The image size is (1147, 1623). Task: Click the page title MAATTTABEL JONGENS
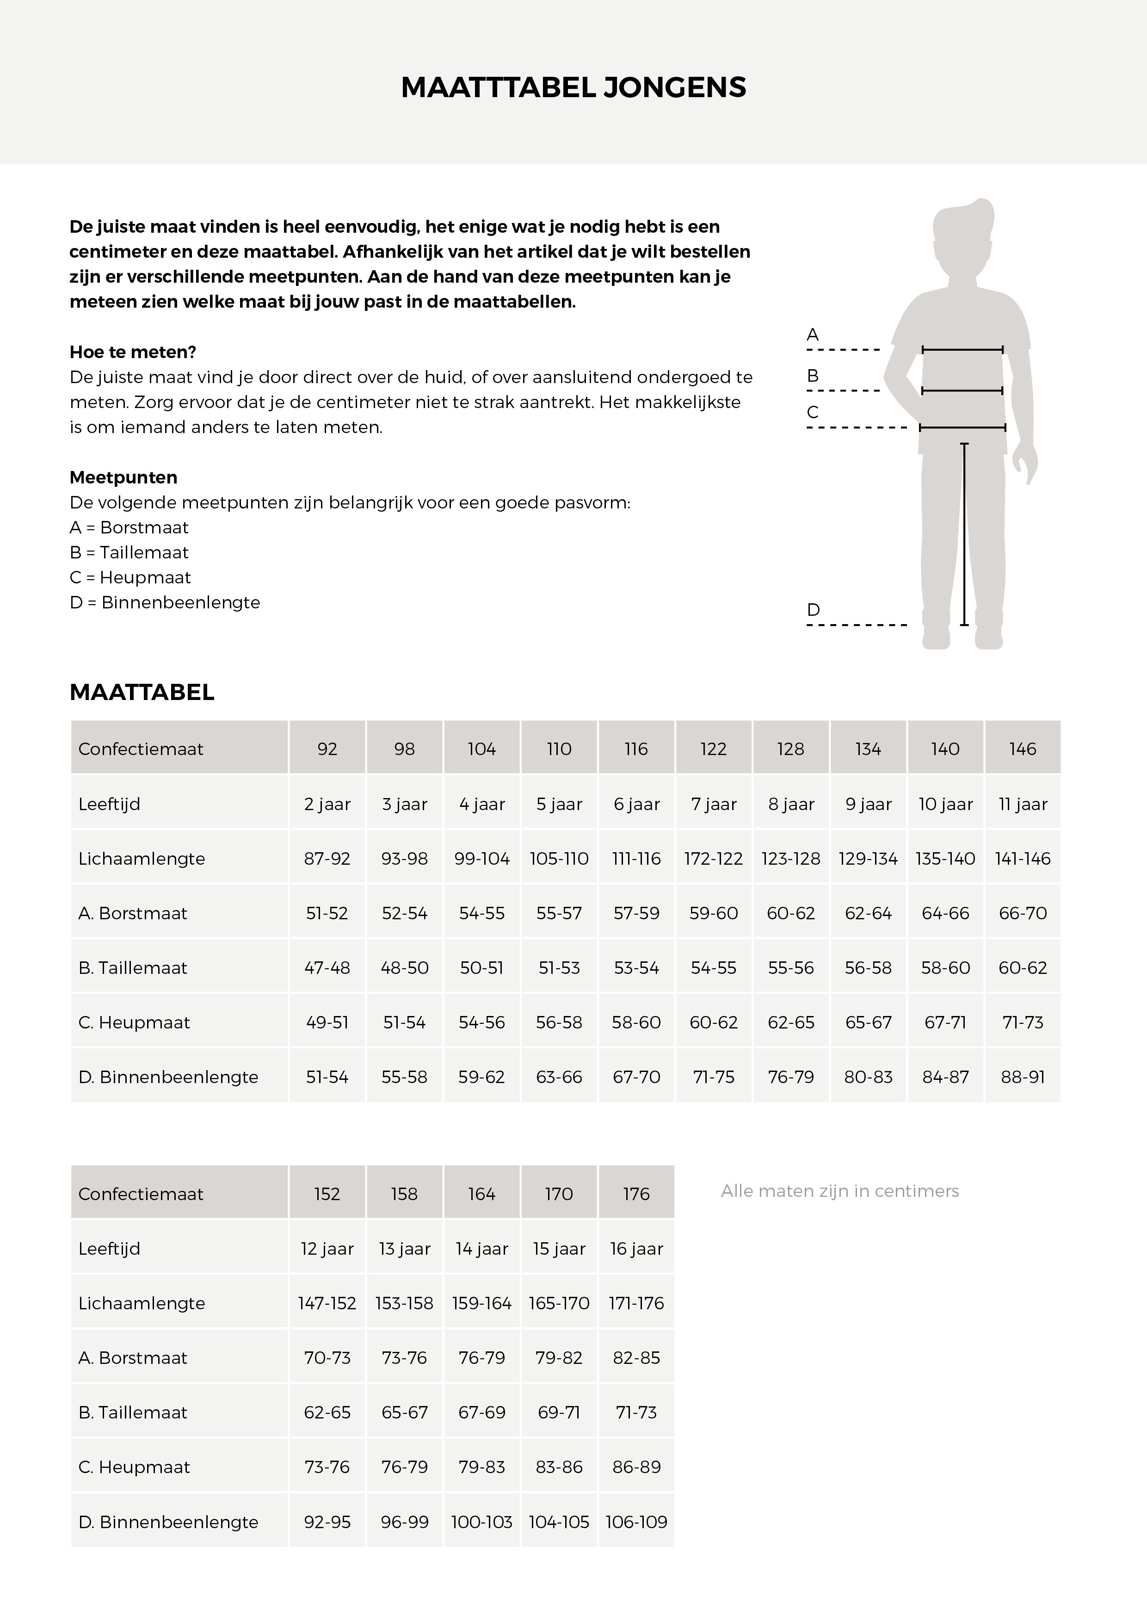[x=573, y=87]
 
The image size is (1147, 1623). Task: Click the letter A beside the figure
[x=813, y=335]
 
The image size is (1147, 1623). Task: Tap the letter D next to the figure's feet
[x=814, y=609]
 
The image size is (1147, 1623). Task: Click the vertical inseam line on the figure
[x=964, y=534]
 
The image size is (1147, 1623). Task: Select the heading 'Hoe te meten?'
[x=133, y=352]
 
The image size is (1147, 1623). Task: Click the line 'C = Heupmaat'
[x=130, y=577]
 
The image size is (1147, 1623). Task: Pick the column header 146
[x=1023, y=749]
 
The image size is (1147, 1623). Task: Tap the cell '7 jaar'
[x=714, y=804]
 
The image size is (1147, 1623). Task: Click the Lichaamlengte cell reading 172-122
[x=714, y=859]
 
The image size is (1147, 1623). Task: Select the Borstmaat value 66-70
[x=1023, y=913]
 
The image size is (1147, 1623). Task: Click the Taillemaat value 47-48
[x=327, y=968]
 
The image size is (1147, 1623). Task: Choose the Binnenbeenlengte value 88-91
[x=1023, y=1077]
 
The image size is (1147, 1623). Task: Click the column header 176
[x=636, y=1194]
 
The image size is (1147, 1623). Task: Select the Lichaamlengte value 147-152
[x=327, y=1303]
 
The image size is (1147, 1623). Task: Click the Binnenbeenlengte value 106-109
[x=636, y=1522]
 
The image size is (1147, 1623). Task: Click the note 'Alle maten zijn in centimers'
[x=839, y=1191]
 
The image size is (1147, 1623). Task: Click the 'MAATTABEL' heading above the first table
[x=142, y=692]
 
